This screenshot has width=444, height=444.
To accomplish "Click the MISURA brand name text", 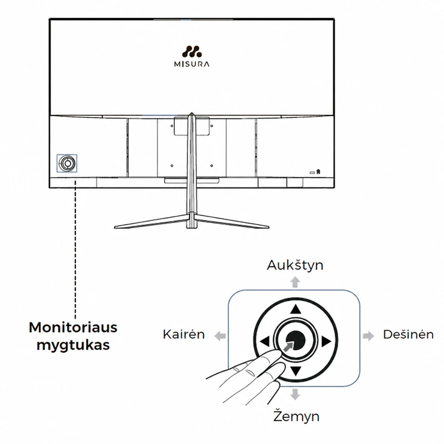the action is pos(191,64).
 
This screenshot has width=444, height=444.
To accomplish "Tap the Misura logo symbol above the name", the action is pos(191,51).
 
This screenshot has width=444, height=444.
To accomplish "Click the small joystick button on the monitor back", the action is pos(67,163).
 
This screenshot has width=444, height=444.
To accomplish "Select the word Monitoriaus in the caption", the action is pos(73,327).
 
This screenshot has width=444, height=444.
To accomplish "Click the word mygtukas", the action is pos(73,345).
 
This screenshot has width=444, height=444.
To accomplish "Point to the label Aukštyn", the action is pos(295,266).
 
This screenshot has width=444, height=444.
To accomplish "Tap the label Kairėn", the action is pos(184,334).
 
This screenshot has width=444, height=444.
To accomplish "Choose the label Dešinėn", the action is pos(408,334).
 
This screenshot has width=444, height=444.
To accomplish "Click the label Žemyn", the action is pos(296,416).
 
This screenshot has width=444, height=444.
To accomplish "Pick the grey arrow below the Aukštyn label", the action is pos(295,282).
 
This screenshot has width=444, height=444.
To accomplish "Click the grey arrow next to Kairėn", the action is pos(220,336).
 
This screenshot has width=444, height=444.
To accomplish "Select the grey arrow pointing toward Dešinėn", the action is pos(369,336).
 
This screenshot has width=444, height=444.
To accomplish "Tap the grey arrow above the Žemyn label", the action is pos(295,394).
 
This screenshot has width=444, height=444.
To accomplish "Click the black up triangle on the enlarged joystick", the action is pos(296,309).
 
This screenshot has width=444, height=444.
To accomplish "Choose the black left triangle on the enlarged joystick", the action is pos(264,342).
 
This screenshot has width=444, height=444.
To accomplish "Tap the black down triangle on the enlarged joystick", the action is pos(296,371).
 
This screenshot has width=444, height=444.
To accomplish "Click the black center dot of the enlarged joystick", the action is pos(296,340).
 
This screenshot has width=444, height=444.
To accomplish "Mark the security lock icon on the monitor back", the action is pos(318,172).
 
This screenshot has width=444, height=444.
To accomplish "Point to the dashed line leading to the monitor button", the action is pos(75,250).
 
